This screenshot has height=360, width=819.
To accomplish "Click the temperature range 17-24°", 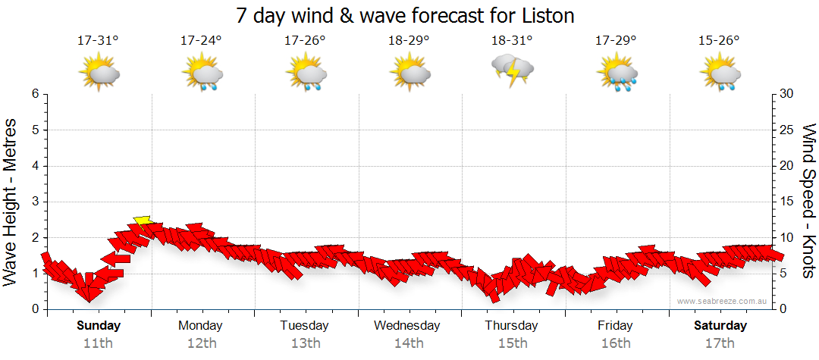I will point(202,41).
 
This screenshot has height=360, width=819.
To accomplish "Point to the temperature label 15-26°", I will point(719,41).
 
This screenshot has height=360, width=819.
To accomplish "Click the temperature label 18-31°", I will point(512,41).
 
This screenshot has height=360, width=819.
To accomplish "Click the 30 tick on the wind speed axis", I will point(788,94).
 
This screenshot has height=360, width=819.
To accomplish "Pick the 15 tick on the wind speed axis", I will point(788,202).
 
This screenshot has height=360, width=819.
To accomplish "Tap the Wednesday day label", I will point(407,326).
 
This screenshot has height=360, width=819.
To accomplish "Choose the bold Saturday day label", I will point(720,326).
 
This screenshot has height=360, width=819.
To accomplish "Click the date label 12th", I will point(201,343).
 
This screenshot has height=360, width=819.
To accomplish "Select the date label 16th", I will point(615,343).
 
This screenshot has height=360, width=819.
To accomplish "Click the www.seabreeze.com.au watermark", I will point(723,301).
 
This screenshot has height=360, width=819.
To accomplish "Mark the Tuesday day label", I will point(304,326).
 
